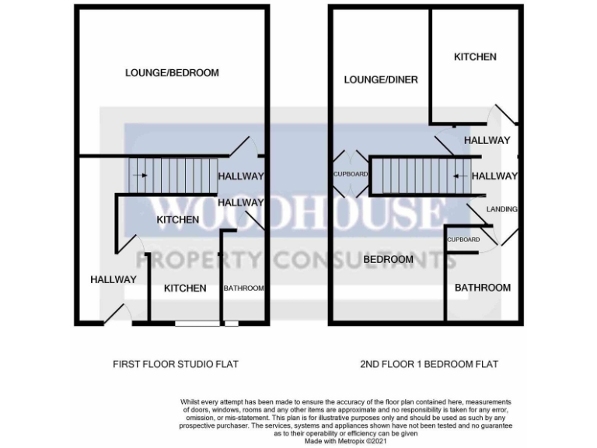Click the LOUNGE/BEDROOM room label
pos(172,73)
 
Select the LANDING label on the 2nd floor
pos(501,209)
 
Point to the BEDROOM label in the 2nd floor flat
pos(388,259)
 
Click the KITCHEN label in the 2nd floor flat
pos(475,57)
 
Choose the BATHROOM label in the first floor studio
pos(243,289)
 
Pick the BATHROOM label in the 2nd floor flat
pos(483,288)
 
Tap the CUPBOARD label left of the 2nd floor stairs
pos(350,174)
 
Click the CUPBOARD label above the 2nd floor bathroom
pos(463,240)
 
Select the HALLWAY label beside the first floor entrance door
pos(113,280)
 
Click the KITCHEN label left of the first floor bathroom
pos(185,289)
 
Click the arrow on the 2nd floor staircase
pos(460,176)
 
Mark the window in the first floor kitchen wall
pos(206,323)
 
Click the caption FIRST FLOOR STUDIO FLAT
pos(176,364)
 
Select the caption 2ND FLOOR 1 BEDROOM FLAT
pos(429,364)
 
